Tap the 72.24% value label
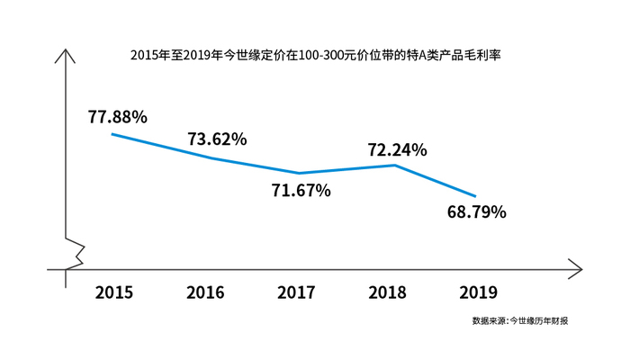tap(397, 149)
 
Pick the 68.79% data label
tap(476, 213)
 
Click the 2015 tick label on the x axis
tap(113, 292)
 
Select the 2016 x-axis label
tap(205, 292)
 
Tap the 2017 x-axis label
tap(297, 292)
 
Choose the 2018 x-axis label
tap(388, 292)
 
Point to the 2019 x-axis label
tap(478, 292)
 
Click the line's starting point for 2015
tap(112, 134)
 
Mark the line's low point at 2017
tap(298, 173)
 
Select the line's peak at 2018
tap(395, 165)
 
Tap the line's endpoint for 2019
tap(474, 196)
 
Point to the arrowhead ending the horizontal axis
tap(577, 268)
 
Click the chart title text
tap(315, 55)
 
